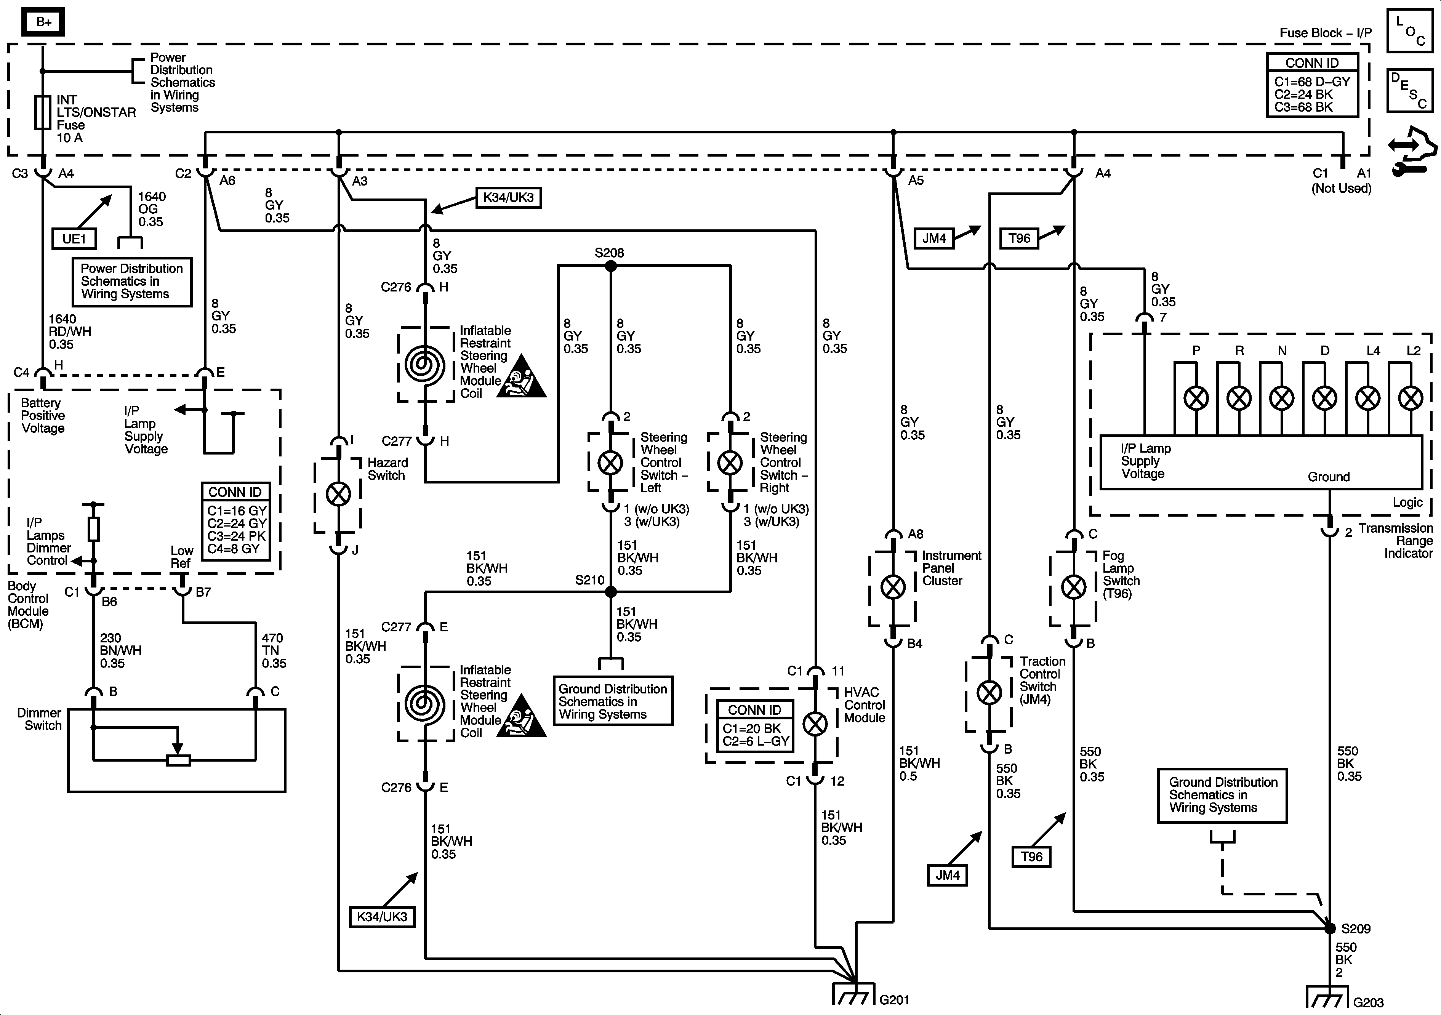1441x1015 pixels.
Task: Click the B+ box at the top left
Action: [x=43, y=22]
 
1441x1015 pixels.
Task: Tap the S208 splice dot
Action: [x=611, y=266]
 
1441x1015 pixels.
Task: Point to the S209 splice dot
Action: [x=1329, y=928]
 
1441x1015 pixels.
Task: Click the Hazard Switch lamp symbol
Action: [x=339, y=495]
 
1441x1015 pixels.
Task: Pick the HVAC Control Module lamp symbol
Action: [x=815, y=724]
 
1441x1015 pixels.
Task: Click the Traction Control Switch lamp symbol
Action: [x=990, y=693]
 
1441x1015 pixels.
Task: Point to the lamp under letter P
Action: [x=1196, y=398]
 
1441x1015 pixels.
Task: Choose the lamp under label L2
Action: [x=1411, y=398]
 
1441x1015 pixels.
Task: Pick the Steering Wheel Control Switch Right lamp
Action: [x=730, y=463]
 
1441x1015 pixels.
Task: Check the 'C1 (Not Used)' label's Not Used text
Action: [x=1341, y=188]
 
